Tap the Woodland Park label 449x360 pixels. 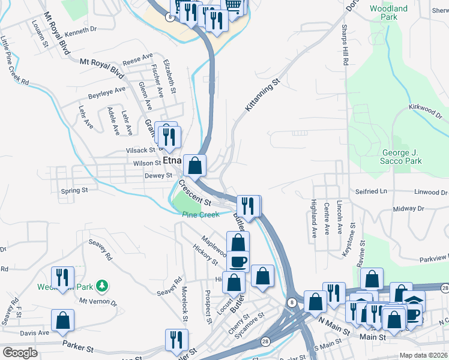[x=388, y=13]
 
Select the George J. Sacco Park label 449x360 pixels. [x=402, y=157]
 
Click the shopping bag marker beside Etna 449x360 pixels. [x=195, y=166]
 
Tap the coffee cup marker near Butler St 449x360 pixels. [x=238, y=262]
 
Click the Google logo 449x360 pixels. [x=20, y=353]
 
